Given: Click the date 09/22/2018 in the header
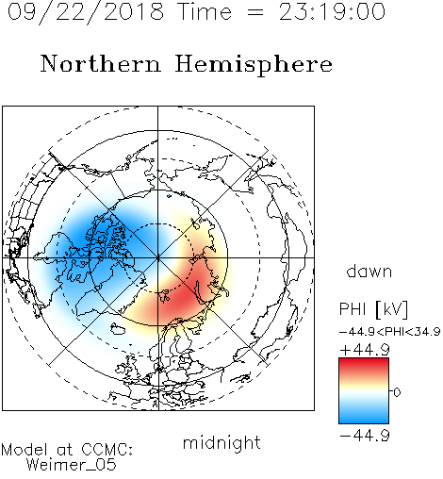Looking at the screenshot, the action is (x=86, y=12).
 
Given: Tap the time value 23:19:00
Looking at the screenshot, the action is (x=332, y=11).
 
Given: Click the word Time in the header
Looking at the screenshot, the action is (x=205, y=11).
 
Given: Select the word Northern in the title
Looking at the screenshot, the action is (x=101, y=63).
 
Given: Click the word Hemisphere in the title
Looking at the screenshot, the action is (x=254, y=65).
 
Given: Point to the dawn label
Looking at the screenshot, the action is (x=369, y=272).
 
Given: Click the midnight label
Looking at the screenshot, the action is (x=221, y=442).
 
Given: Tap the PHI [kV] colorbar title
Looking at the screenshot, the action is (x=373, y=309).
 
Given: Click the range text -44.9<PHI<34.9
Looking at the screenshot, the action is (x=389, y=332).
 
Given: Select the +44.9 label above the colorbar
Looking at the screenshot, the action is (x=365, y=350).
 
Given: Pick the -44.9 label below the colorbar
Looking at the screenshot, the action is (x=365, y=436).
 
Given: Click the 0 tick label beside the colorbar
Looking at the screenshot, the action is (x=397, y=392).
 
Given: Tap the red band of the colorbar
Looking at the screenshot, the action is (x=364, y=366).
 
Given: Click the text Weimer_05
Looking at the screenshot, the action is (x=72, y=465).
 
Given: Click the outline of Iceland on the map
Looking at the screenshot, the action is (x=118, y=329).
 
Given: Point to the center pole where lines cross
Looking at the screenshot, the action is (x=158, y=257).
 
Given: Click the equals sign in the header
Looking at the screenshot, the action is (x=255, y=13).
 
